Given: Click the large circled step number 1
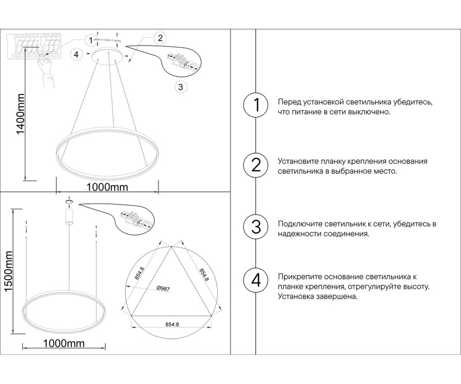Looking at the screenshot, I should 256,106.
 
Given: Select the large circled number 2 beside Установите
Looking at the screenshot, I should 256,166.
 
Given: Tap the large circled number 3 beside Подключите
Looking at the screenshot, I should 256,226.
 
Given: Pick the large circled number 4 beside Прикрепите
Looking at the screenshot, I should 256,281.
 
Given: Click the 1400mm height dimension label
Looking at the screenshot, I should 20,114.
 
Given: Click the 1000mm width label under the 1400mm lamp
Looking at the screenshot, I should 107,187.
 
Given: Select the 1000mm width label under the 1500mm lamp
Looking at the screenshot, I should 63,344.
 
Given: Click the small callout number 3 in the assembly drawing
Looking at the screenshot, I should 180,87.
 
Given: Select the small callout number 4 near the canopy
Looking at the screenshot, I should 75,54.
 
